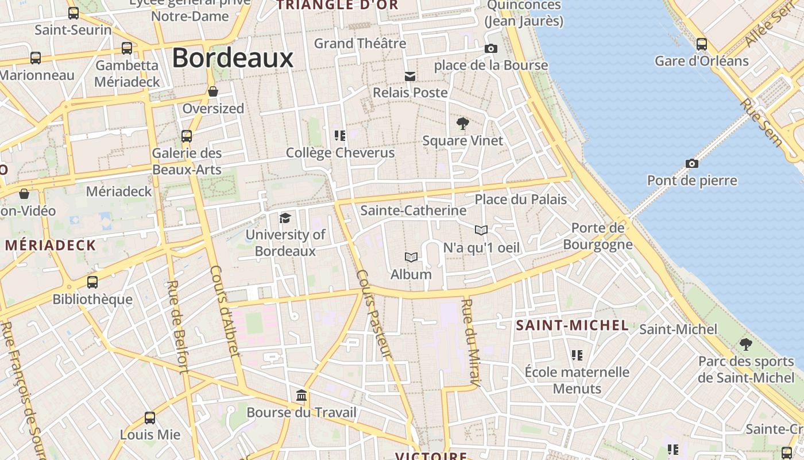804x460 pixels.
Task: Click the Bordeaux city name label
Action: (x=233, y=58)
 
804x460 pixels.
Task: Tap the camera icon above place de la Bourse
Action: (x=490, y=49)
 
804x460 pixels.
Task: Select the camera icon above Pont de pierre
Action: (x=692, y=164)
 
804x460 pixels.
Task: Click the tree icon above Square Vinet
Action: (x=462, y=123)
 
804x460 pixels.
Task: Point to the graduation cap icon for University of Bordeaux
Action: (x=285, y=218)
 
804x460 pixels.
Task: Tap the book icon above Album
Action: (x=411, y=257)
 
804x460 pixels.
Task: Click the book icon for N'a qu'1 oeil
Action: (x=481, y=231)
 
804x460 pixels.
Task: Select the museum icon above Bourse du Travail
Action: (x=301, y=396)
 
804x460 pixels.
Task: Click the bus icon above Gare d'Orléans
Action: (x=701, y=44)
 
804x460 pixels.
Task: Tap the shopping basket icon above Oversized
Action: (x=213, y=91)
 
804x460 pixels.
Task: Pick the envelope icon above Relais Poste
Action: (x=410, y=76)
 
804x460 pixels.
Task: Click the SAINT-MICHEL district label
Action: (x=572, y=325)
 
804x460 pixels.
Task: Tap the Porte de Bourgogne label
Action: (x=597, y=236)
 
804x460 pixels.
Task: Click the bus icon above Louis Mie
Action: (x=150, y=418)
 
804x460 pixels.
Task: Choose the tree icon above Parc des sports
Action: (x=745, y=344)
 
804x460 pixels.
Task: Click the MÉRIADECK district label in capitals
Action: (x=51, y=246)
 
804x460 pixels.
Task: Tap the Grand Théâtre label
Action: (x=360, y=43)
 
